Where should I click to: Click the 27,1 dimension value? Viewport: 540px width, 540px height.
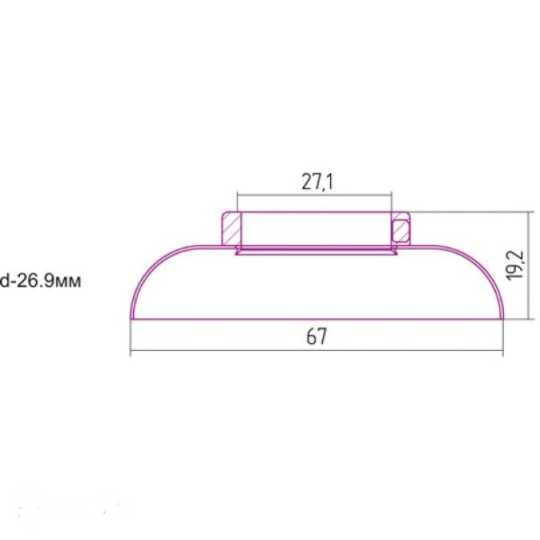point(317,182)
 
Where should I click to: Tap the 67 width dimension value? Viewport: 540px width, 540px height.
point(316,336)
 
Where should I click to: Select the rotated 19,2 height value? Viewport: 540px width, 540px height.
point(516,265)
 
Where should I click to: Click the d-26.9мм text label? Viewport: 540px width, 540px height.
point(40,281)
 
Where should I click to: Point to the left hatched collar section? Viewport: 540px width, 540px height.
point(231,229)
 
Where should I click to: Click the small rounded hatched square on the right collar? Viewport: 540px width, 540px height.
point(401,230)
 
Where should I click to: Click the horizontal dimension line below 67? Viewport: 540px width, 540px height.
point(316,351)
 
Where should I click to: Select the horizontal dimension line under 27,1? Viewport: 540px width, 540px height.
point(314,195)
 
